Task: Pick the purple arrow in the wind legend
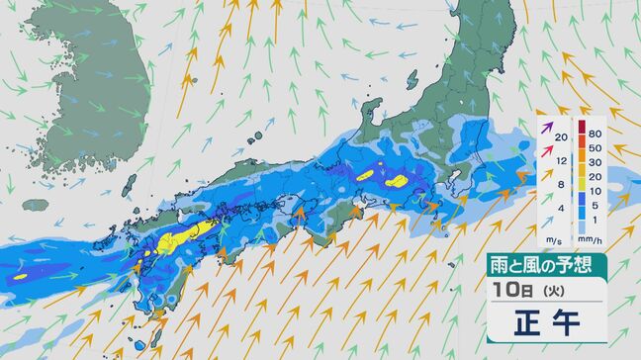[545, 127]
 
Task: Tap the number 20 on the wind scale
[560, 136]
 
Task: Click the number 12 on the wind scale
[560, 160]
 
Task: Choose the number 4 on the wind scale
[560, 208]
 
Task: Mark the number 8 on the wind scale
[560, 184]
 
